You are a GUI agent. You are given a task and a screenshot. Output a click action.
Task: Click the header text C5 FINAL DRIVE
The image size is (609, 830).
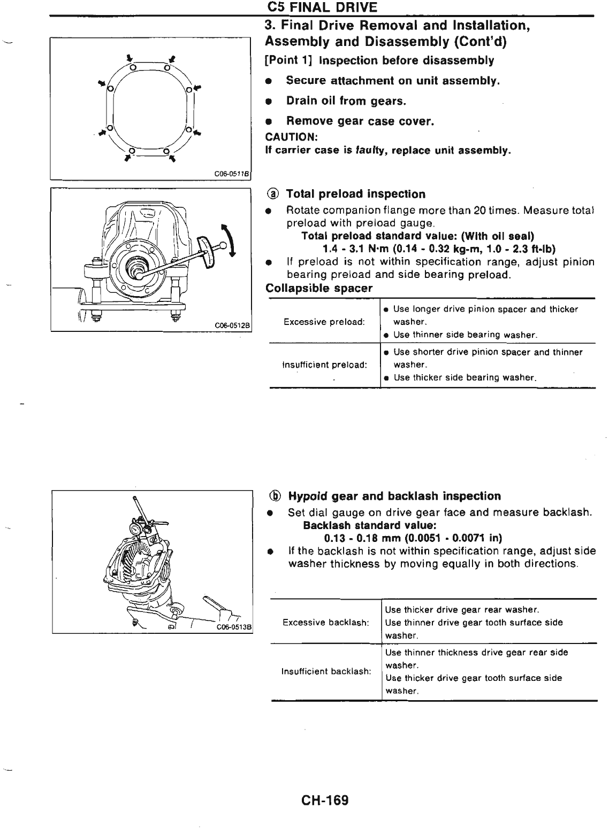point(322,7)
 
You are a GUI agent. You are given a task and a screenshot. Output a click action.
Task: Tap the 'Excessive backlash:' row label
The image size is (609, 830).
point(325,623)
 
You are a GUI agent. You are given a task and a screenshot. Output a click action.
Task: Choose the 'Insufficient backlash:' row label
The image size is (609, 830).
point(326,671)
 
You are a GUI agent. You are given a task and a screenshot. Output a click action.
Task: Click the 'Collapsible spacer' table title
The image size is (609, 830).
point(319,288)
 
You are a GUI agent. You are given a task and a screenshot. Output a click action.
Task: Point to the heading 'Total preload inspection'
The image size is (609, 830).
point(355,194)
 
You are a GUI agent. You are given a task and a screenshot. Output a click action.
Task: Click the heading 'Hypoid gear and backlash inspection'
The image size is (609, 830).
point(394,496)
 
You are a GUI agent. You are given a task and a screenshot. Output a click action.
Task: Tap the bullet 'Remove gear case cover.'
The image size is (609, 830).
point(360,121)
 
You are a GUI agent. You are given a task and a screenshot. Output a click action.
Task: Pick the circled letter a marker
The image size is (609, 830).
point(272,194)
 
